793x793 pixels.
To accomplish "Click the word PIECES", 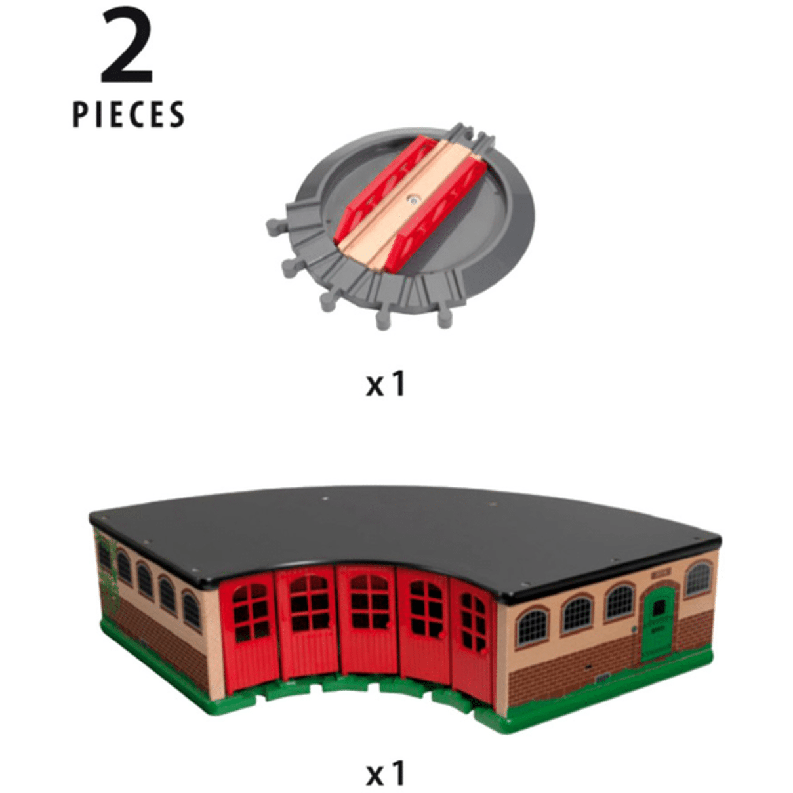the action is pyautogui.click(x=129, y=114).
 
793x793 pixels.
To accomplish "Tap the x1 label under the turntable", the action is pyautogui.click(x=386, y=384).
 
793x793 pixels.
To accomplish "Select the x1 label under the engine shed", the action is pyautogui.click(x=386, y=763).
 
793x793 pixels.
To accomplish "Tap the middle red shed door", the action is pyautogui.click(x=367, y=621).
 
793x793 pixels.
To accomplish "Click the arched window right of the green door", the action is pyautogui.click(x=698, y=579).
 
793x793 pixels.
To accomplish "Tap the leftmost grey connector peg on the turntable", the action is pyautogui.click(x=275, y=227).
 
